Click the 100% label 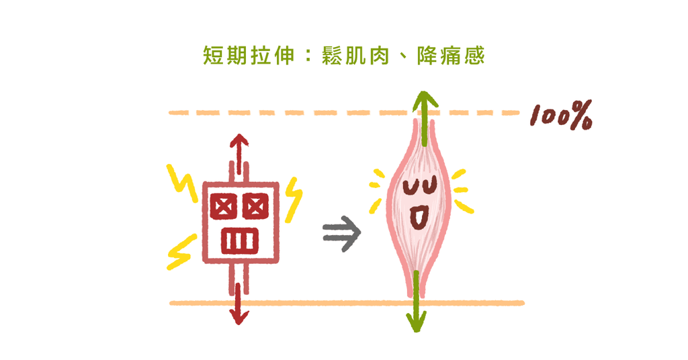560,117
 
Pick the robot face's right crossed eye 255,206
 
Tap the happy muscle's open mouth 418,216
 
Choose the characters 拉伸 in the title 273,56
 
